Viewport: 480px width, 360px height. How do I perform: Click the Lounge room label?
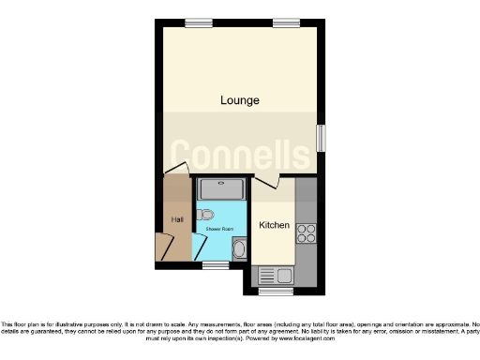240,99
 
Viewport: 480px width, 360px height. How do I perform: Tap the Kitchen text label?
274,225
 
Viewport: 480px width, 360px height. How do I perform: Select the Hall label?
176,220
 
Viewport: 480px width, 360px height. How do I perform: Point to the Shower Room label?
219,228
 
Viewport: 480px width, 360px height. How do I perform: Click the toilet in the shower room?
206,214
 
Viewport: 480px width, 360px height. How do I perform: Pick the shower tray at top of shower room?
221,189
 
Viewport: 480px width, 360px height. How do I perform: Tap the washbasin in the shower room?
239,249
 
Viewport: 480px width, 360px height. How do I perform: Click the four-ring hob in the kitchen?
306,232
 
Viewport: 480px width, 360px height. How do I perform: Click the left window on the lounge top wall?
197,22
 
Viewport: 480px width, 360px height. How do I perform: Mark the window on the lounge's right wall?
322,137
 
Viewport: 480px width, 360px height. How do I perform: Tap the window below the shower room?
216,265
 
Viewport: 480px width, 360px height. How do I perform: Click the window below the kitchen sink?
274,292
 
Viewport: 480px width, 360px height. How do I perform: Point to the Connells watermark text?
240,152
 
